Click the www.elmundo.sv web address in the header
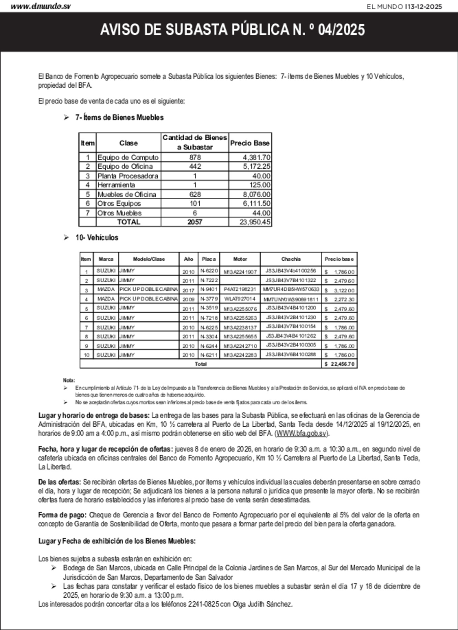click(41, 6)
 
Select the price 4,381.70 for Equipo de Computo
click(257, 157)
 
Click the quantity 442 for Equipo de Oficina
click(195, 167)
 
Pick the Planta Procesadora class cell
click(128, 176)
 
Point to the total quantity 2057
click(195, 222)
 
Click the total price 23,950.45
click(255, 222)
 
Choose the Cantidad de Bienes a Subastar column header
click(195, 142)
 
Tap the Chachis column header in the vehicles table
click(291, 259)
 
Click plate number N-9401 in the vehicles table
click(209, 289)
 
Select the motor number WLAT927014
click(240, 299)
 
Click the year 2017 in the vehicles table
click(188, 290)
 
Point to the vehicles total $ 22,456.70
click(340, 364)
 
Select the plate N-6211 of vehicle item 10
click(209, 355)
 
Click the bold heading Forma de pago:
click(62, 515)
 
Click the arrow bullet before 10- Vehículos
click(66, 237)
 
